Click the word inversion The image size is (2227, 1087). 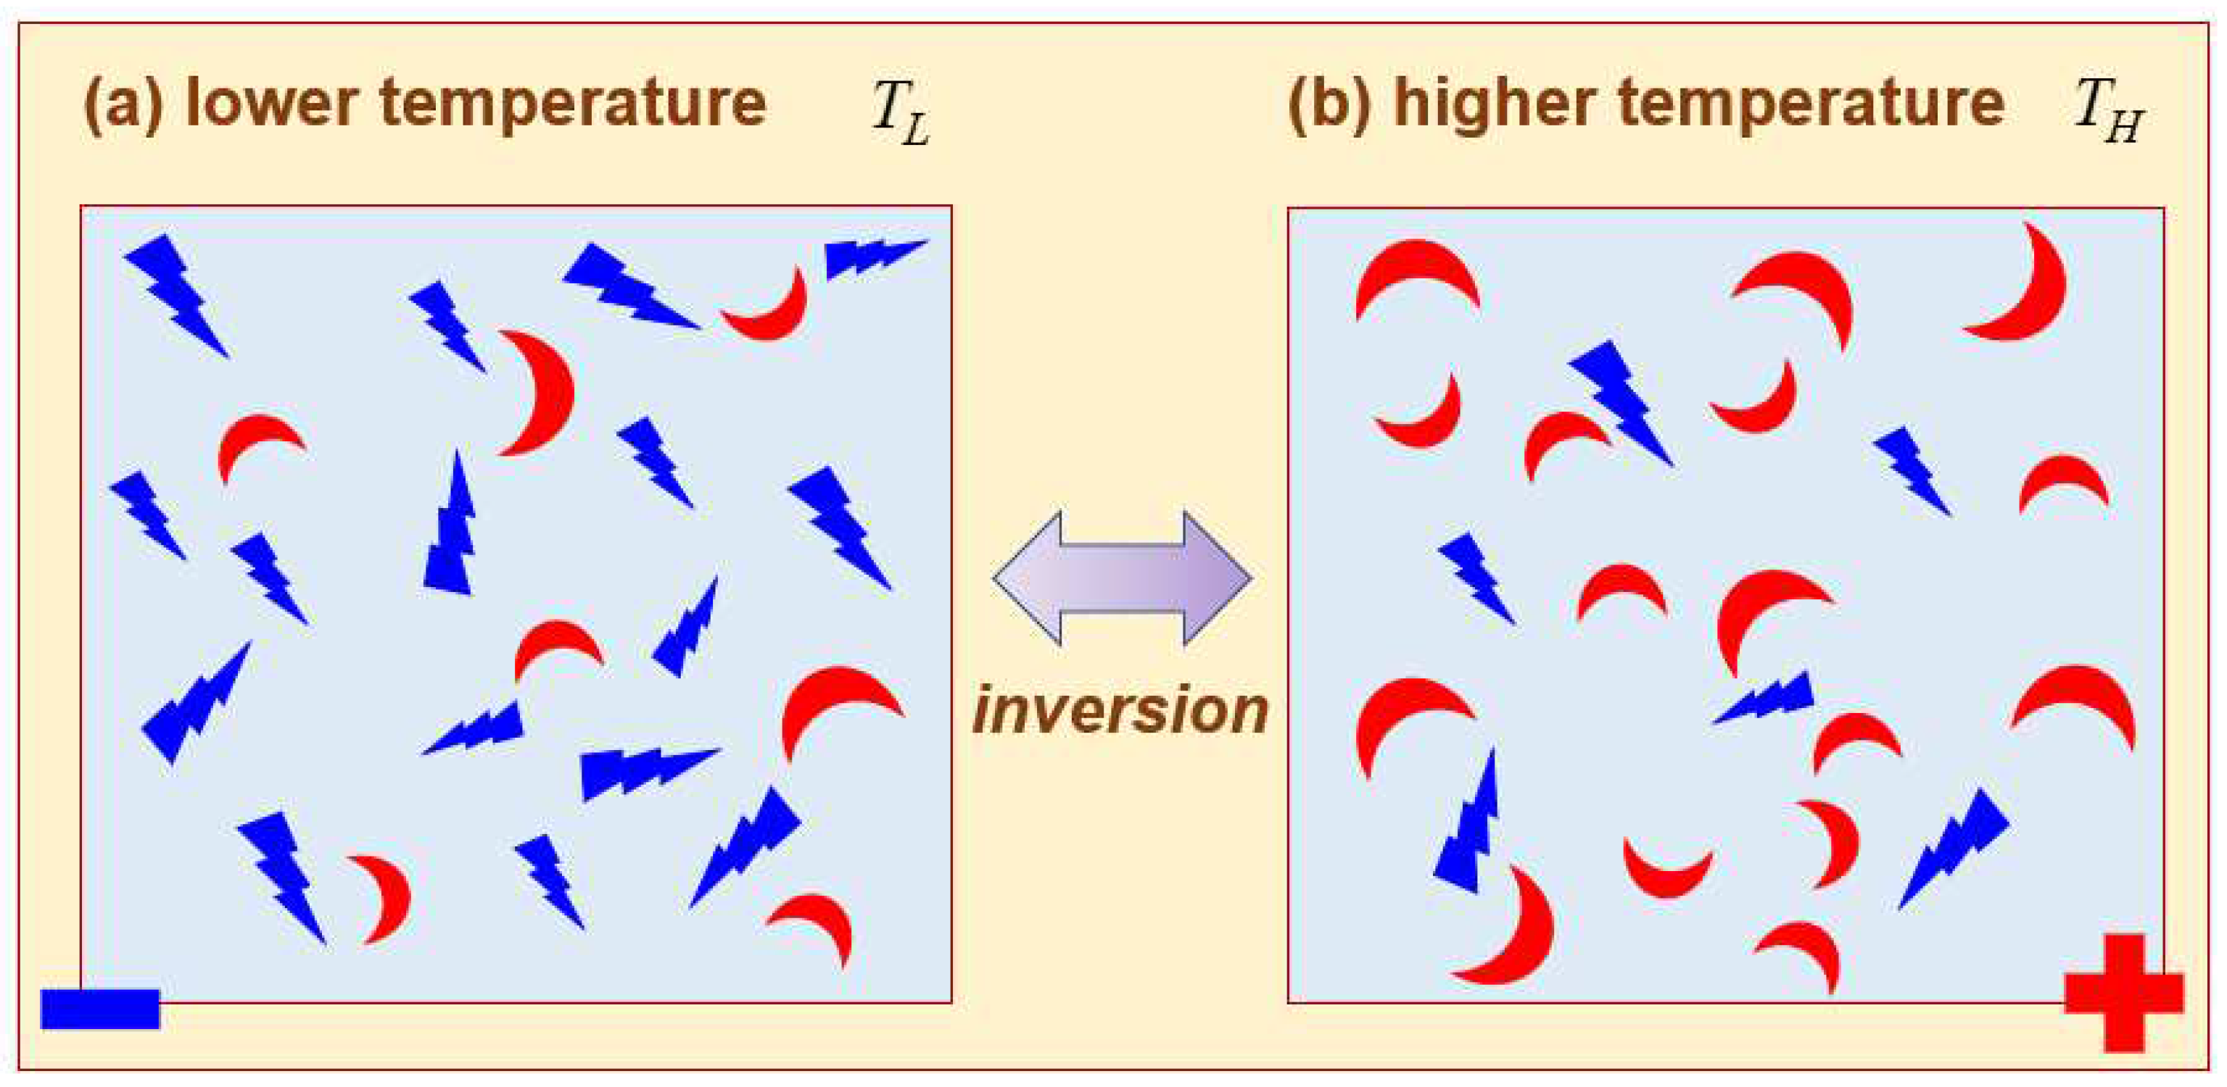1120,710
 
